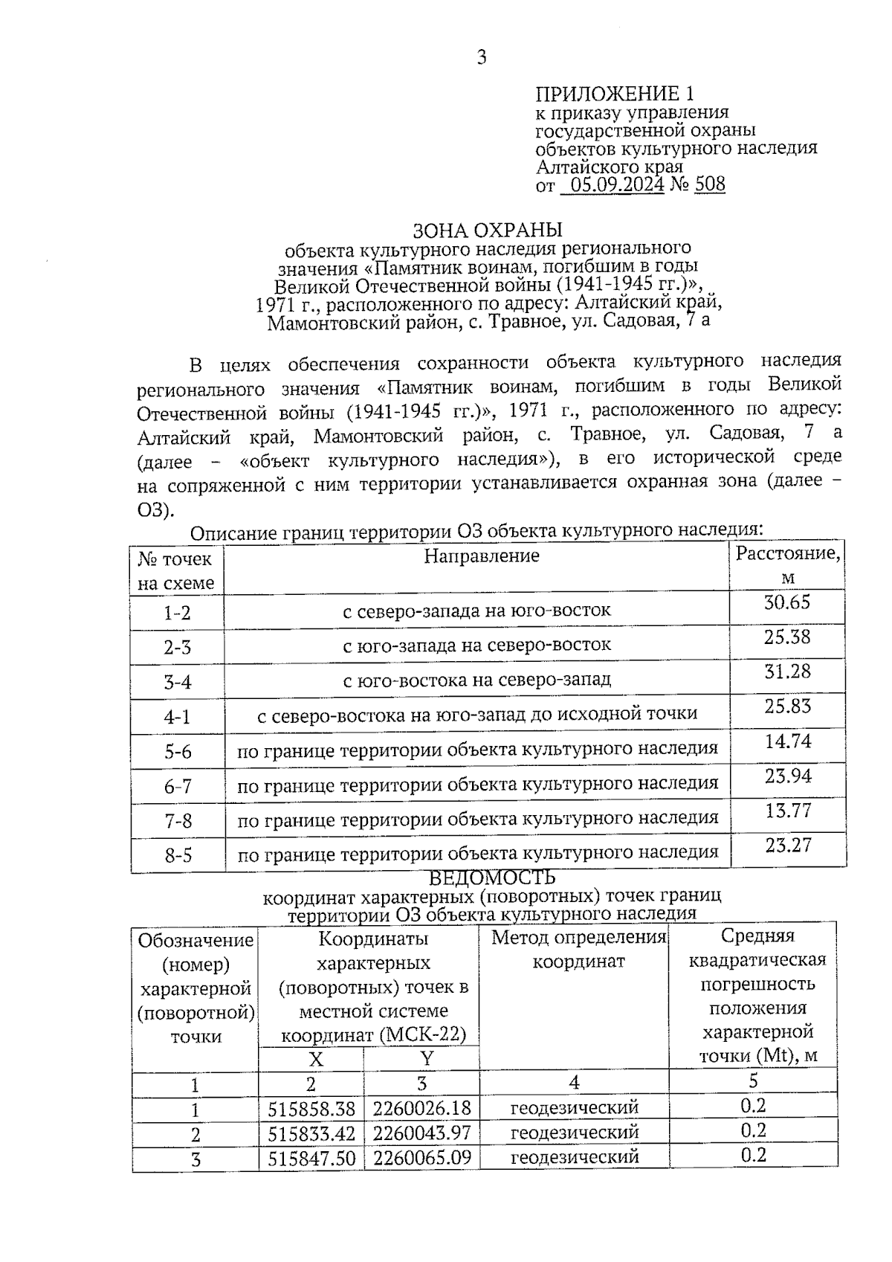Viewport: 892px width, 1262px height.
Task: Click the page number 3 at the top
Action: (482, 57)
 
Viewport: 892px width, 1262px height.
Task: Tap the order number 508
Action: (709, 184)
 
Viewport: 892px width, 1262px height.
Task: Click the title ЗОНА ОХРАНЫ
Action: (487, 230)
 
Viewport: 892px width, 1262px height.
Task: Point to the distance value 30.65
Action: (787, 602)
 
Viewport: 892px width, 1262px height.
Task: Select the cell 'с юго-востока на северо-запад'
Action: (476, 680)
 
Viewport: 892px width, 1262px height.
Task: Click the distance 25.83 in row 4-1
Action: (787, 706)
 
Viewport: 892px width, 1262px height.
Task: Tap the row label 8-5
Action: (178, 856)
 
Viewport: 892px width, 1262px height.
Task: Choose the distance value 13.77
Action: (788, 811)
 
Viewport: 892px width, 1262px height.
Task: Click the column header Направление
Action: (481, 556)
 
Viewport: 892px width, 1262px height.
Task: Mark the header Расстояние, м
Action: (788, 565)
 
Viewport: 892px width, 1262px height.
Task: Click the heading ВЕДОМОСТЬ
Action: (491, 878)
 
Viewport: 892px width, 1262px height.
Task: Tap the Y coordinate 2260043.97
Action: (421, 1133)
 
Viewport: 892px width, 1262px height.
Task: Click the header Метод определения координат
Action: (578, 949)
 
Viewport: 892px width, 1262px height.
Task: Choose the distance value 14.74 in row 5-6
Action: (788, 741)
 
